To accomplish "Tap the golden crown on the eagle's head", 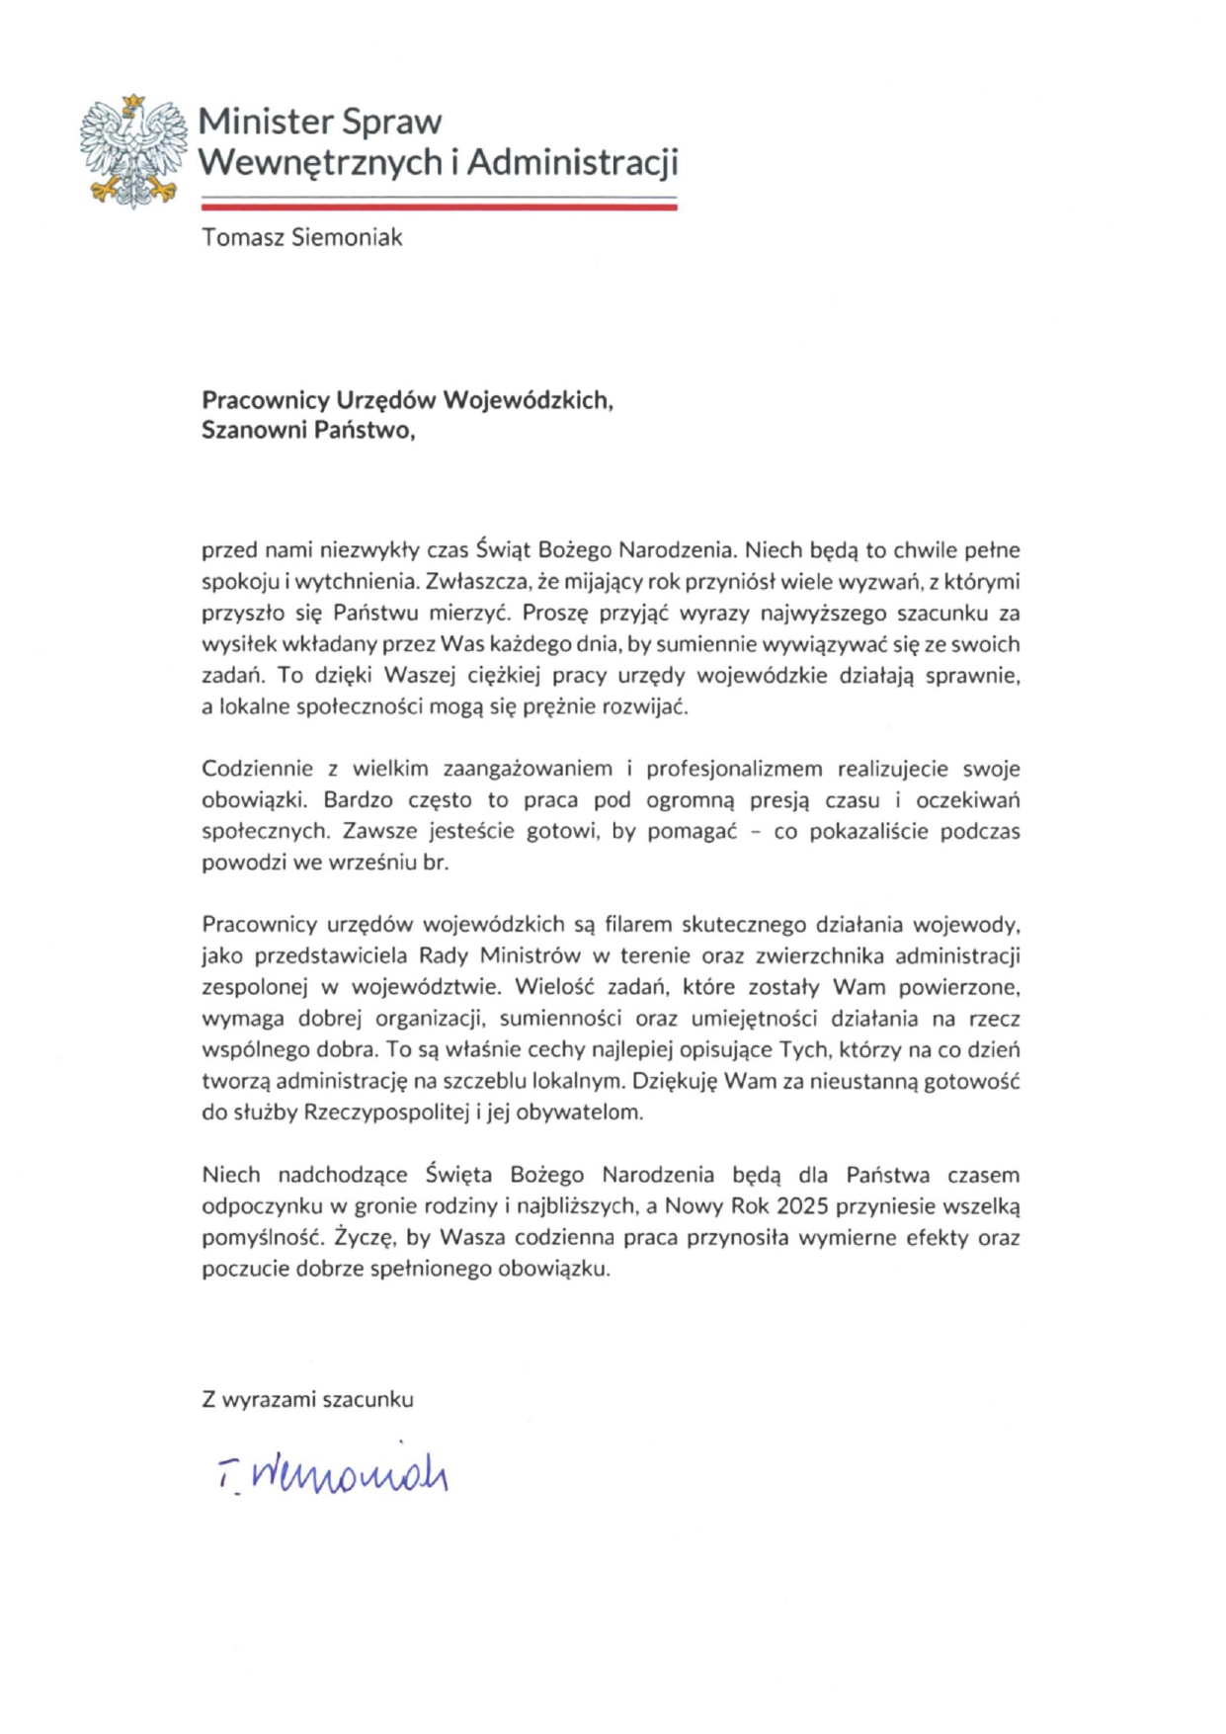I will [x=132, y=102].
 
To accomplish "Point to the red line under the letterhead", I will [x=439, y=207].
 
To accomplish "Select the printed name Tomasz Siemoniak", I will [x=301, y=238].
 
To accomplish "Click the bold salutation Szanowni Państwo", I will [x=307, y=431].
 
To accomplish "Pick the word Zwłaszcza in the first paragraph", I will [x=459, y=581].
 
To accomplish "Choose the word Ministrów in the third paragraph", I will [x=530, y=956].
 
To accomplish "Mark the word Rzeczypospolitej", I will [x=387, y=1113].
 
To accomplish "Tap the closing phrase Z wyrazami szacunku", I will [x=307, y=1400].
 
